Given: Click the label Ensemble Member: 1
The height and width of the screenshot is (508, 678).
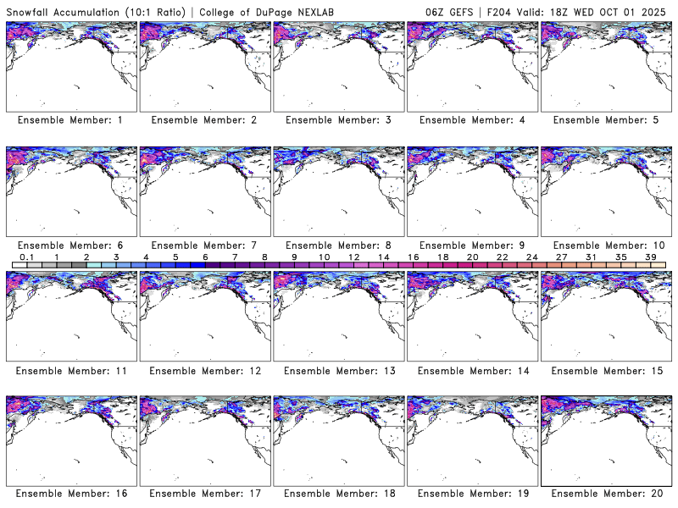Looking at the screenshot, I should pos(70,120).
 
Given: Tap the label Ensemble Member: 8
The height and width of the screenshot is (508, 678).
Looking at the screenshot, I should pos(337,246).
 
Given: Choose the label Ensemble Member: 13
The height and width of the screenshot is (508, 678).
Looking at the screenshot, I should pos(337,370).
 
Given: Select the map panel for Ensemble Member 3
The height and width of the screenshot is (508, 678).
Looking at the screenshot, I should pos(337,65).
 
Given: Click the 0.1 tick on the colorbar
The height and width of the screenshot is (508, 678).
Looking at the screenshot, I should pos(26,257).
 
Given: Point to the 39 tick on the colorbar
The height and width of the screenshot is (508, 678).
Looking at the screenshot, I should pos(651,257).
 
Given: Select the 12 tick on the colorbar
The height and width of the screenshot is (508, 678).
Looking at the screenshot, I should pos(353,257).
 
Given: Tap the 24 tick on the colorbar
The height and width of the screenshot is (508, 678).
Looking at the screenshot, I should pos(531,257).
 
